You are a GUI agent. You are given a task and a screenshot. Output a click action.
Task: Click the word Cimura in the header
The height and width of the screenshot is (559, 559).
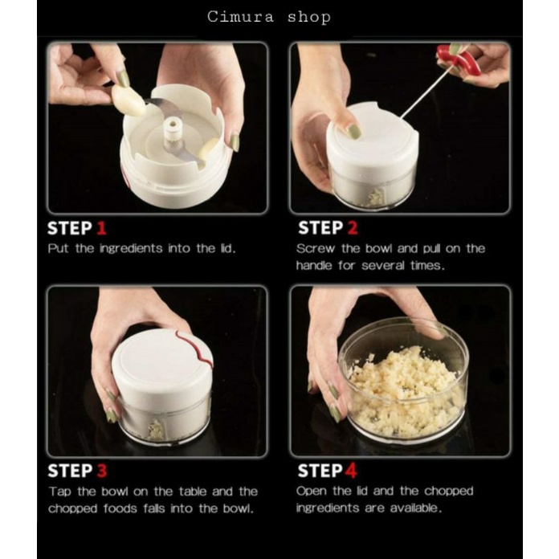click(x=241, y=17)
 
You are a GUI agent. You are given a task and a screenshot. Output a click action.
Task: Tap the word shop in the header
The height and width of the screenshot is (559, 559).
click(x=309, y=18)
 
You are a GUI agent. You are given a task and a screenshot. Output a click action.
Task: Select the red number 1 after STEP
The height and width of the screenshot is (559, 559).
click(x=102, y=228)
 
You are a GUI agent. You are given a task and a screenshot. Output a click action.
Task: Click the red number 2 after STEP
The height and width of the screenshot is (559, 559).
click(x=353, y=228)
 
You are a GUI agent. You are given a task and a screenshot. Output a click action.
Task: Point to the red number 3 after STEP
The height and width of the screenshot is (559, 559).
click(x=102, y=471)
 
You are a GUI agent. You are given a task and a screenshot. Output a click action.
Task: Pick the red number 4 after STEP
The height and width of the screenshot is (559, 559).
click(x=351, y=471)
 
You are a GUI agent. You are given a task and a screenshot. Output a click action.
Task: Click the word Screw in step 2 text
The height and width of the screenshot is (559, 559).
click(x=316, y=248)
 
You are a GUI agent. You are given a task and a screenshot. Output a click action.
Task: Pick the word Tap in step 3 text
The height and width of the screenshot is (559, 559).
click(x=60, y=492)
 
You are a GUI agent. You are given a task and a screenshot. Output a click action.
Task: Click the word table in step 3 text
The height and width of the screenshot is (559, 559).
click(x=193, y=492)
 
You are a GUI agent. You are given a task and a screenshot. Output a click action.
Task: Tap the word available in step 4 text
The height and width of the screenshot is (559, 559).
click(x=416, y=508)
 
